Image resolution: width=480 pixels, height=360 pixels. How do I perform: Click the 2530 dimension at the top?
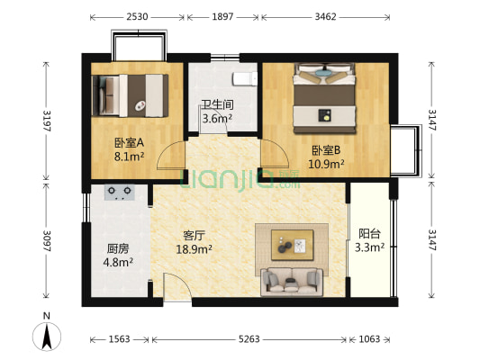coord(138,17)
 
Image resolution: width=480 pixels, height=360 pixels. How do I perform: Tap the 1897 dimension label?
coord(224,17)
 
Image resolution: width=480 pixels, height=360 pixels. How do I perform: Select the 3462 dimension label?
coord(326,17)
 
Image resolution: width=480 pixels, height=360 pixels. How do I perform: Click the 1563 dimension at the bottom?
coord(120,339)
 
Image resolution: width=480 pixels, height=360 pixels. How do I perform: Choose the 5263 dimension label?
coord(250,339)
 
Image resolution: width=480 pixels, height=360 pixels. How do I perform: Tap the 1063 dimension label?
coord(370,339)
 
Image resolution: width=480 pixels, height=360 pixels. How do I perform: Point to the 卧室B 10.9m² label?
coord(325,157)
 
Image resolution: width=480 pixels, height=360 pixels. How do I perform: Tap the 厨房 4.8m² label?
coord(117,256)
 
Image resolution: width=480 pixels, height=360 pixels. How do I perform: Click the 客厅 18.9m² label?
coord(192,243)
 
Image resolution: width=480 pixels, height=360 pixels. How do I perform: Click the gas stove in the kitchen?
coord(120,191)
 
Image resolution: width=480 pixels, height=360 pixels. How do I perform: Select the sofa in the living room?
coord(292,282)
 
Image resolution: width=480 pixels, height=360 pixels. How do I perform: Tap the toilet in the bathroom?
coord(245,78)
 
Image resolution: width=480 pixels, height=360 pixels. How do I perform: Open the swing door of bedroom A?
coord(171,159)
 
